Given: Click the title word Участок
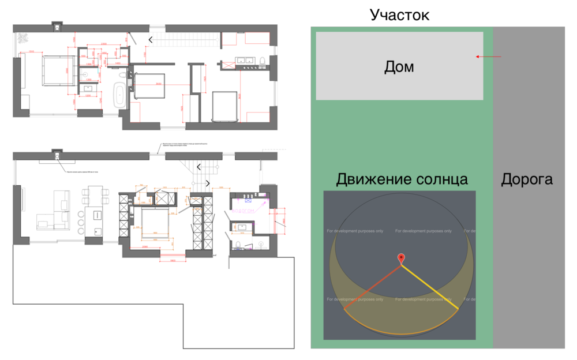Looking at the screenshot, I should coord(399,14).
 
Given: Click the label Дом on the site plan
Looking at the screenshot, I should coord(399,67).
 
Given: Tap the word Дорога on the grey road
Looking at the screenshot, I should coord(526,179).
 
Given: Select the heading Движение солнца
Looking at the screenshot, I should coord(402,179).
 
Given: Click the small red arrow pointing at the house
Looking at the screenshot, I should coord(488,57).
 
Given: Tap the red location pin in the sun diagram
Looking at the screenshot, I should coord(401,259).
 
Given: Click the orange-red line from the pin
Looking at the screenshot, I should coord(372,287).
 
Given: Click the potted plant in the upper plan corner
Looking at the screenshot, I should coord(23,38).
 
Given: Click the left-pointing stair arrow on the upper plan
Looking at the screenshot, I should coord(151,39).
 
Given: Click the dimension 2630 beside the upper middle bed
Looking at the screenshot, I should coord(158,85).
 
